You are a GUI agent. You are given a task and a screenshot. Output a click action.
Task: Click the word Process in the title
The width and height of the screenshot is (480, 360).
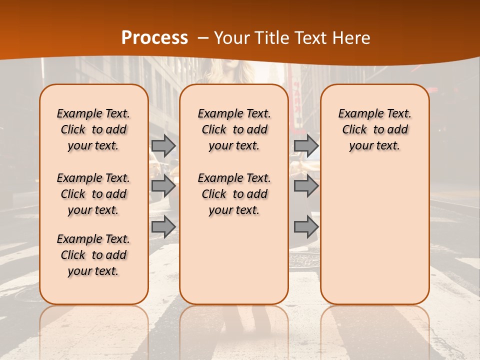coord(154,38)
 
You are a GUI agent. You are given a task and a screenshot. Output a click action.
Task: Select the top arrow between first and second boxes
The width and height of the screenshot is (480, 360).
coord(163,145)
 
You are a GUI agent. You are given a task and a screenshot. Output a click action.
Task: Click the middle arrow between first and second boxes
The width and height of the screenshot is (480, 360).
coord(163,186)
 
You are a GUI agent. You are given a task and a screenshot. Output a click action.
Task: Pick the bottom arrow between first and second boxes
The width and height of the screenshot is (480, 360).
coord(163,226)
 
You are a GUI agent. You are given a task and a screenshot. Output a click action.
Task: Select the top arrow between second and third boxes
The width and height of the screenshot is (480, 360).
coord(306,145)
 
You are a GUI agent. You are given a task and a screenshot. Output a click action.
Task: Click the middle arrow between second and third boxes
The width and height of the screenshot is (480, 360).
coord(306,186)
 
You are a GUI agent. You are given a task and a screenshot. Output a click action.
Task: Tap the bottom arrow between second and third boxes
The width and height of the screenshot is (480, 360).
coord(306,226)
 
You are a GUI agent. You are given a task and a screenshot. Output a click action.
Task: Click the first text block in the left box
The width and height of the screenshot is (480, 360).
coord(93,129)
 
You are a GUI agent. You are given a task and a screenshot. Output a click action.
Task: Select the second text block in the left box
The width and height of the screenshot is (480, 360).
coord(93,194)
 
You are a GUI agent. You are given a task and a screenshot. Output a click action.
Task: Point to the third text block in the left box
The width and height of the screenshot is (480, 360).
coord(93,255)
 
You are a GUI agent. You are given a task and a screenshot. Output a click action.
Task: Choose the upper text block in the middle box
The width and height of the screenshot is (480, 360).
coord(234,129)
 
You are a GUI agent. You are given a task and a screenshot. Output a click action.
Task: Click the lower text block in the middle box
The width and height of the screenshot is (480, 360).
coord(234,194)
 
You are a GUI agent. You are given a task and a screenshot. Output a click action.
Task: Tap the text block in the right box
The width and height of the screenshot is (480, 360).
coord(374,129)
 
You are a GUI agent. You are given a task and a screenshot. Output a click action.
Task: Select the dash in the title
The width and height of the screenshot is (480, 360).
coord(203,38)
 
